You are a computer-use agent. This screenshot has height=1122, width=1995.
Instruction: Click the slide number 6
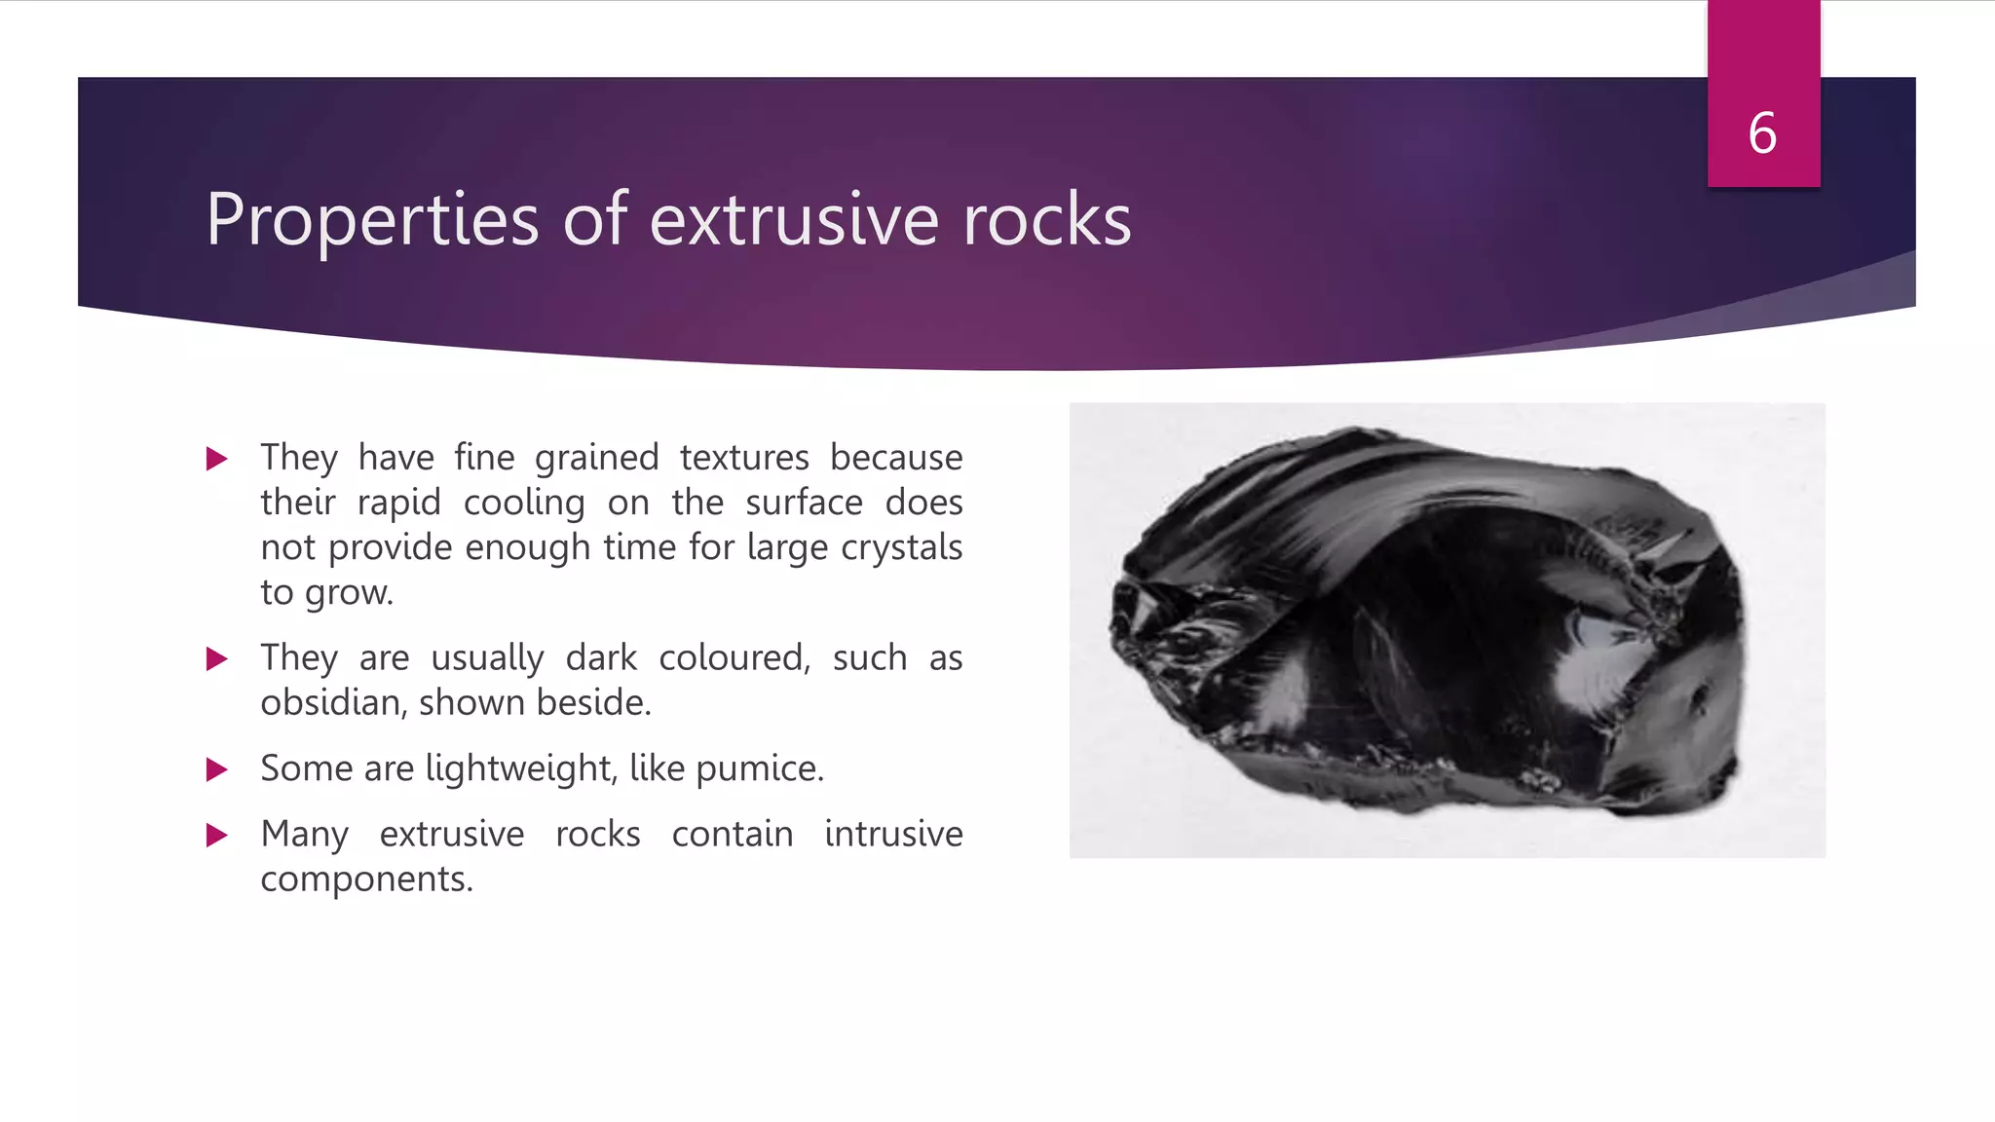coord(1762,133)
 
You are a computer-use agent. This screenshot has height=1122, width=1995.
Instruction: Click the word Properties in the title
coord(372,220)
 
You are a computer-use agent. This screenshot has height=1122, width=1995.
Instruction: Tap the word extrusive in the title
coord(794,220)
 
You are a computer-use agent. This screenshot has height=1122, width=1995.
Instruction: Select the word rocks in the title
coord(1047,220)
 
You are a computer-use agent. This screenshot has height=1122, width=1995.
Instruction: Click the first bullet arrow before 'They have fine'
coord(217,459)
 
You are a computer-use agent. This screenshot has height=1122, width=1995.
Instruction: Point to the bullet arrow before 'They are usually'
coord(217,659)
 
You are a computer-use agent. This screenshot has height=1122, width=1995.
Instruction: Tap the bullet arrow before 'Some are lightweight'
coord(217,770)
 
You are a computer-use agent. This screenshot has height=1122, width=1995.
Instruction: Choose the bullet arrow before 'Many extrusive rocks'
coord(217,836)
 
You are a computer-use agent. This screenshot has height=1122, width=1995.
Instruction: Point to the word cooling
coord(524,503)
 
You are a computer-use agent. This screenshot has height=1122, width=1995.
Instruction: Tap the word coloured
coord(734,658)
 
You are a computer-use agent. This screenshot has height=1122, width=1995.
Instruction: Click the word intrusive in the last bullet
coord(893,835)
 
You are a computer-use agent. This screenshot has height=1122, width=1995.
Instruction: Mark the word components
coord(366,879)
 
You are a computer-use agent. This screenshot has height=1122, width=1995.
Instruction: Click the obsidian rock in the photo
coord(1432,623)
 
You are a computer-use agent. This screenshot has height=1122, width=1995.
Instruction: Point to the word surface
coord(804,503)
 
